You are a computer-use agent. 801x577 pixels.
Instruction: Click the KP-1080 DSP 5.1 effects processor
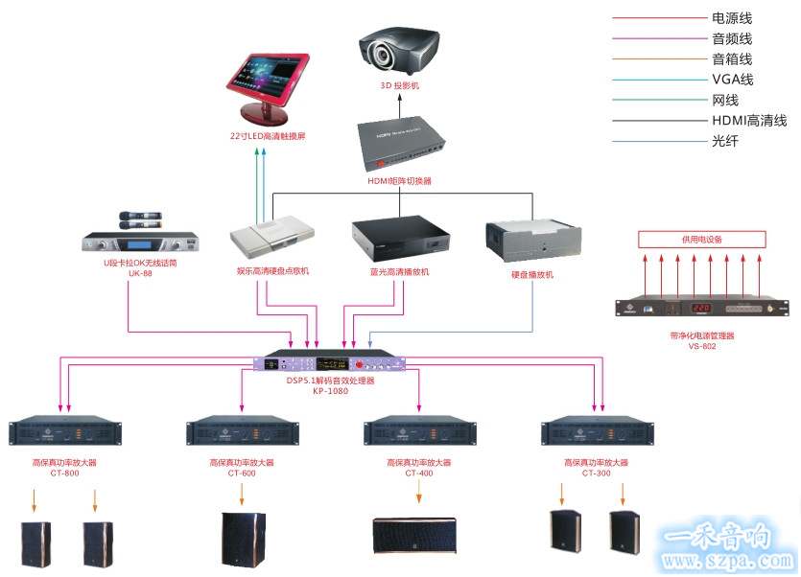(330, 364)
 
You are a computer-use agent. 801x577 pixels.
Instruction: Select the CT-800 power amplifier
(64, 432)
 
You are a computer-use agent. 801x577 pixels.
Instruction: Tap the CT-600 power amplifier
(241, 432)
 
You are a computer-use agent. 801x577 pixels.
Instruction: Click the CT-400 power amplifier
(418, 432)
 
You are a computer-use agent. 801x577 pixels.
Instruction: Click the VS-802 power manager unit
(702, 309)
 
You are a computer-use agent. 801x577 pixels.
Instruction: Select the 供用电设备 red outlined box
(702, 239)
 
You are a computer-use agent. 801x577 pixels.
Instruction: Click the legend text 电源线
(731, 17)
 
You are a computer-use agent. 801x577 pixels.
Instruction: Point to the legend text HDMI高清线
(749, 121)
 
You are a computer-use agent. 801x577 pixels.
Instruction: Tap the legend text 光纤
(725, 142)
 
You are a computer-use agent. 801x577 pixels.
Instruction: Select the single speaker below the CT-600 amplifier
(242, 541)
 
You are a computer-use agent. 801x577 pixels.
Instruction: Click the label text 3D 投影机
(399, 86)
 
